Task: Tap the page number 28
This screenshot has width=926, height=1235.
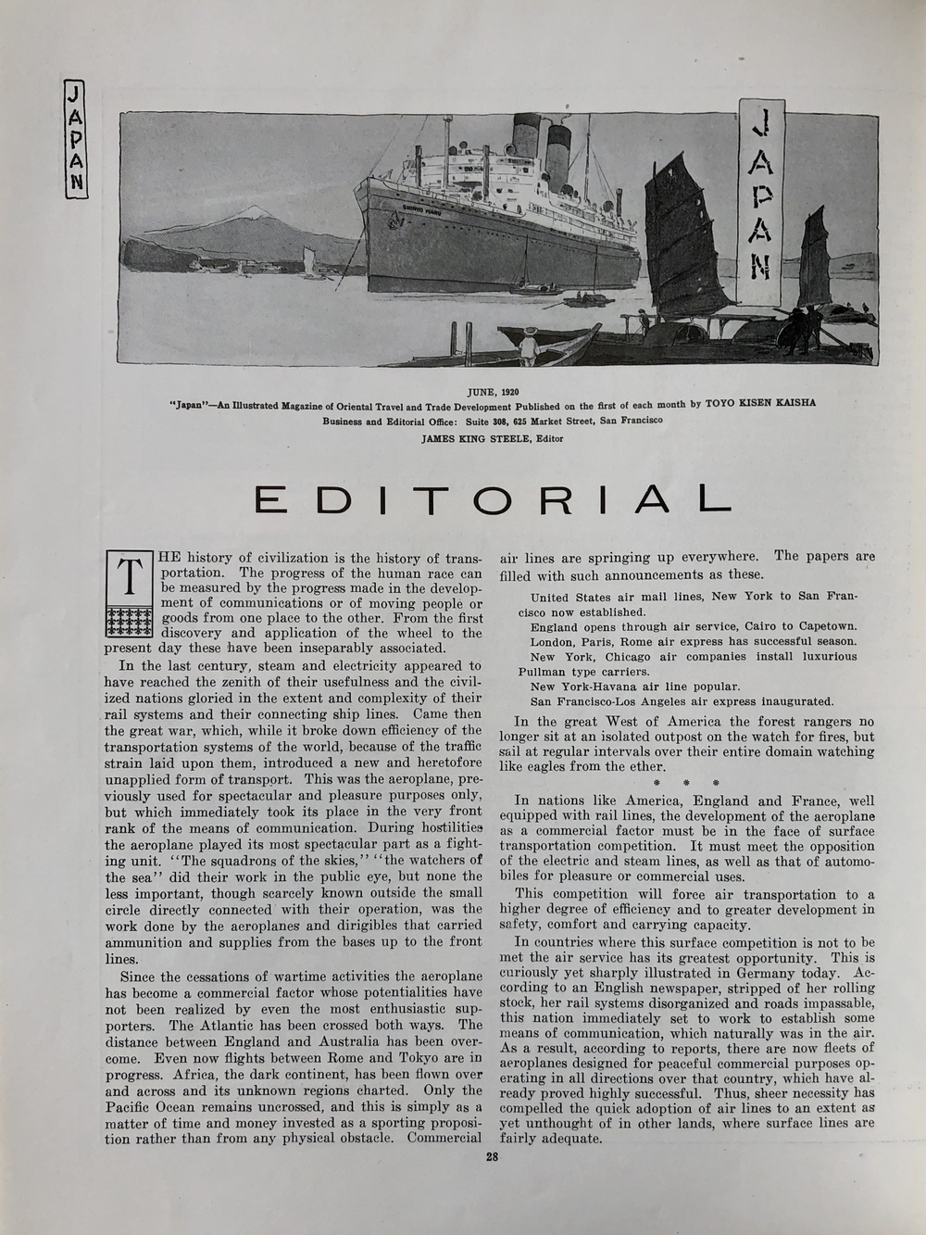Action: click(493, 1155)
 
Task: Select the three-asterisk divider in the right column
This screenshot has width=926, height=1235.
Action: click(686, 783)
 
